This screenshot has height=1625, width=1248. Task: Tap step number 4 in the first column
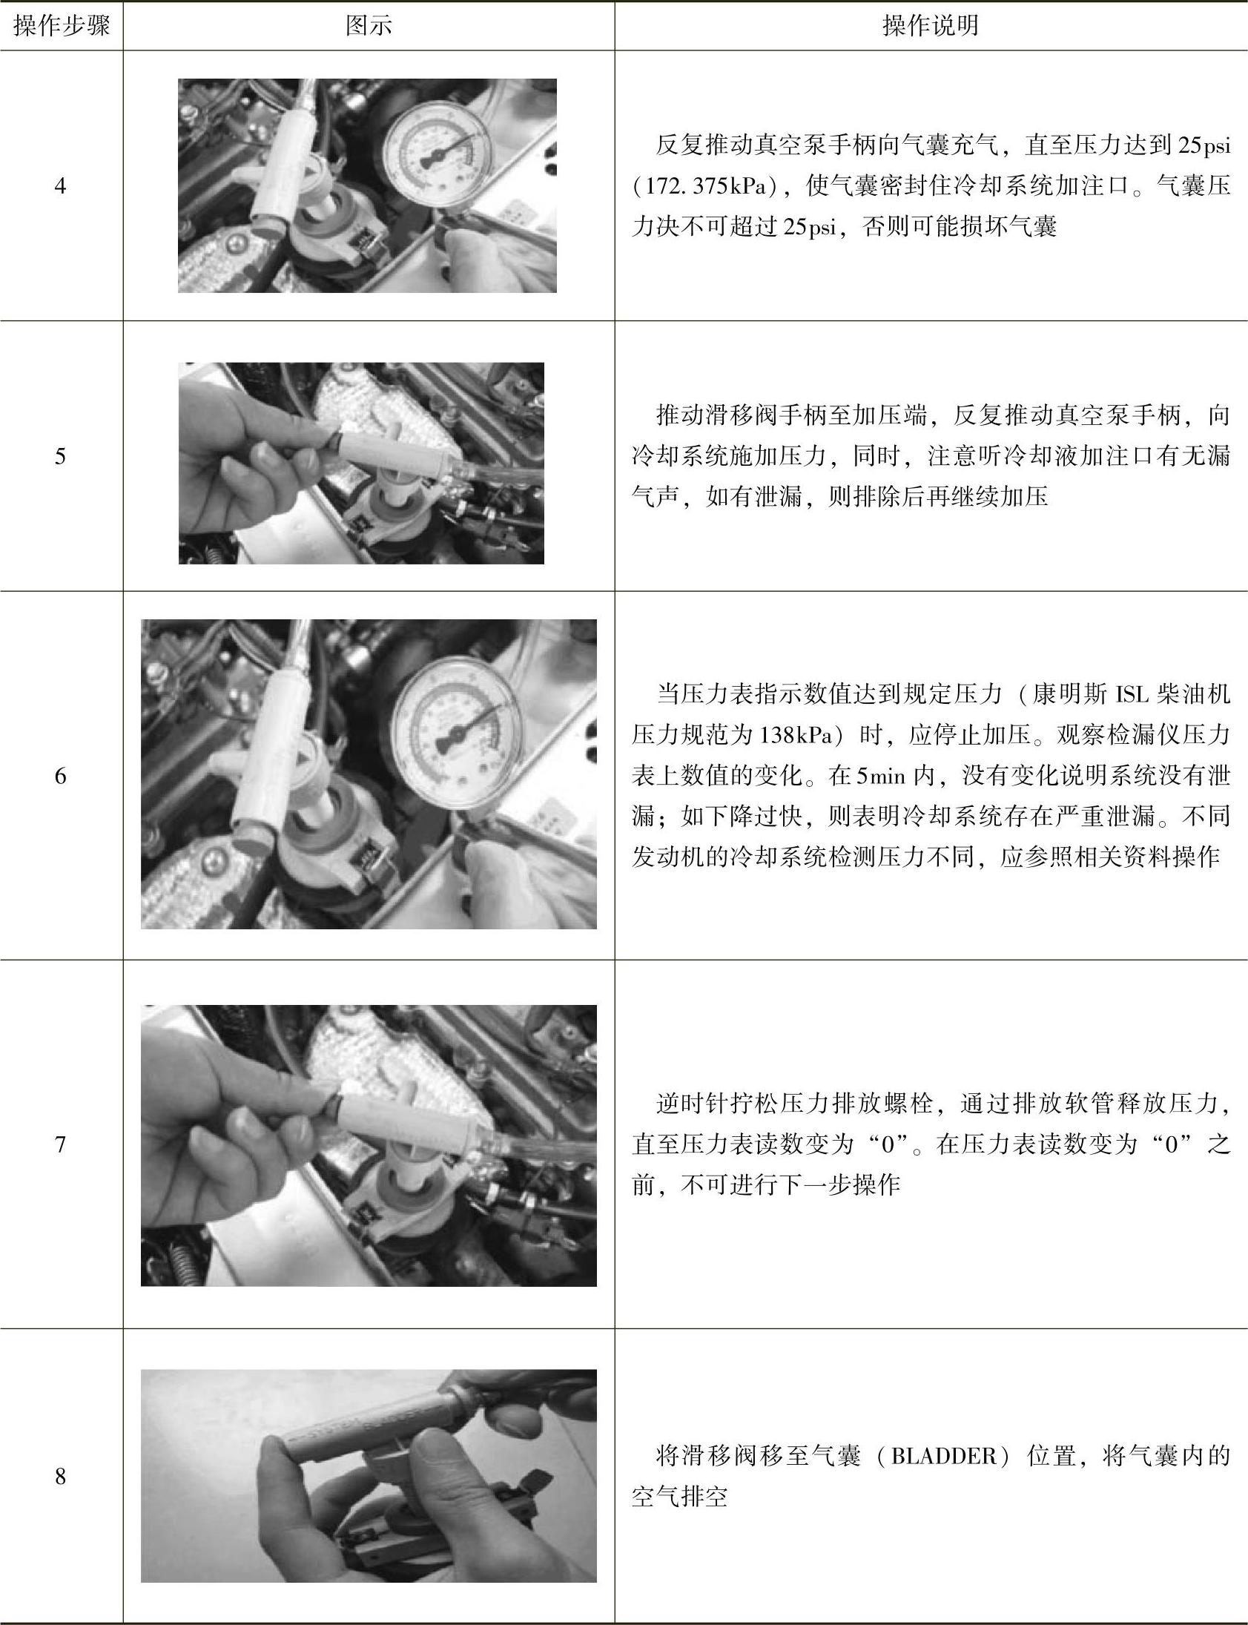pos(60,185)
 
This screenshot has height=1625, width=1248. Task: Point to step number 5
pos(60,456)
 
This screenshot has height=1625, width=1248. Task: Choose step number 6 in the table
pos(60,776)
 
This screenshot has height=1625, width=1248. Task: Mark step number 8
pos(60,1477)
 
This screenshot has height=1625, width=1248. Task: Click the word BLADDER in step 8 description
pos(943,1456)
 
